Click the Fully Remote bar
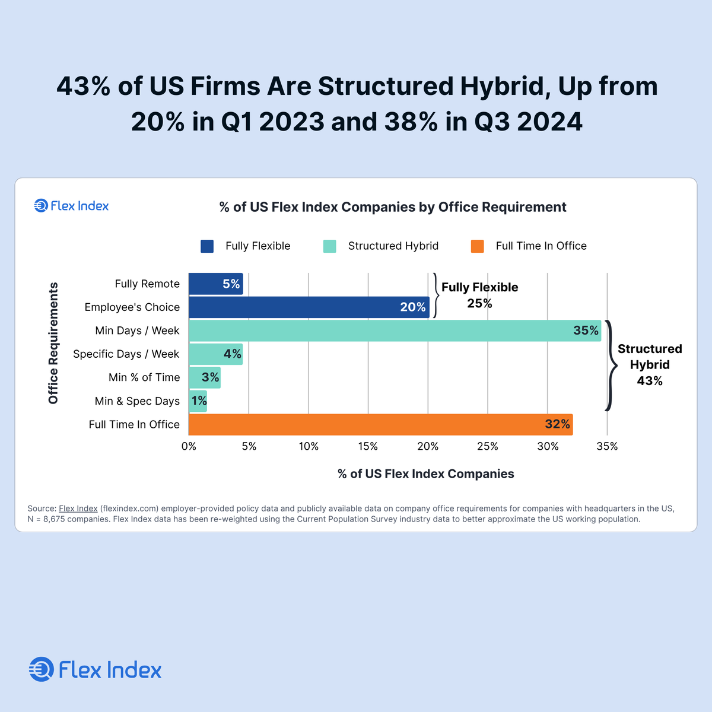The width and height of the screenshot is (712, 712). point(215,284)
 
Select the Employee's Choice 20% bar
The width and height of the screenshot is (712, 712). point(309,307)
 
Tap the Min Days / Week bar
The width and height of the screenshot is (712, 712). point(395,330)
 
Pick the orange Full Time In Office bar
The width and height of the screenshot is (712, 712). point(380,424)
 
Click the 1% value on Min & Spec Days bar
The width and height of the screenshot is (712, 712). point(199,401)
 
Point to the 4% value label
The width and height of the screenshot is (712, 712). point(232,354)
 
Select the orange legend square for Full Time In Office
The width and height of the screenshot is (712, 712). point(477,246)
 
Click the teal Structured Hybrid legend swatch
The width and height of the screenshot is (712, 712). point(329,246)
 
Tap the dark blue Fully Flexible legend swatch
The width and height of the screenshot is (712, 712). point(207,246)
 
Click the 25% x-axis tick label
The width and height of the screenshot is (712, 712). point(488,446)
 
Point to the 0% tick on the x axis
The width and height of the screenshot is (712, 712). point(189,446)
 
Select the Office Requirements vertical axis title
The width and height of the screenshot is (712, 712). point(53,343)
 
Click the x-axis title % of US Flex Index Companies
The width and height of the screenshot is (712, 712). point(425,473)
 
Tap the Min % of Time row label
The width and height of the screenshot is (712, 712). point(144,377)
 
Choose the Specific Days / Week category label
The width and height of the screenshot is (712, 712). point(126,354)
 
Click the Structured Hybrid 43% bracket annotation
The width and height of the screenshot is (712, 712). point(649,365)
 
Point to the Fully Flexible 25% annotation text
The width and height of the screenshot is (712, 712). point(479,295)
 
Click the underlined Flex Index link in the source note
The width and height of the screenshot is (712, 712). point(78,508)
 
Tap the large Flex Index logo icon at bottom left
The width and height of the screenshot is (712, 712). point(41,670)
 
